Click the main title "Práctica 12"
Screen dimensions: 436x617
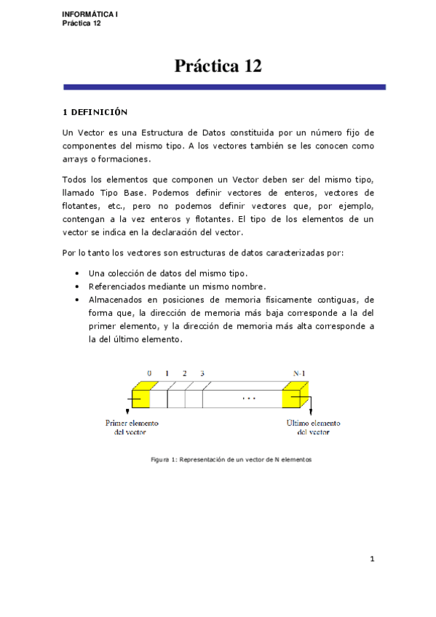pos(218,66)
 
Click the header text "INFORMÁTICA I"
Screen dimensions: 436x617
pos(90,15)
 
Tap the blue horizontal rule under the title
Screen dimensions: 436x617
pos(224,87)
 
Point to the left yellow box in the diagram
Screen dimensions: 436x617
pos(140,395)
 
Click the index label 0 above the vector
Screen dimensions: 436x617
pos(149,373)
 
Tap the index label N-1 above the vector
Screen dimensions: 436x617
pos(298,373)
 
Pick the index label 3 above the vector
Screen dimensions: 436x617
pos(202,373)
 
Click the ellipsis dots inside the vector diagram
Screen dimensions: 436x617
pos(250,399)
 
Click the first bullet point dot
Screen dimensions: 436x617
pos(77,273)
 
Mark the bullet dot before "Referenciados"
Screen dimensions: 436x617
pos(77,286)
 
